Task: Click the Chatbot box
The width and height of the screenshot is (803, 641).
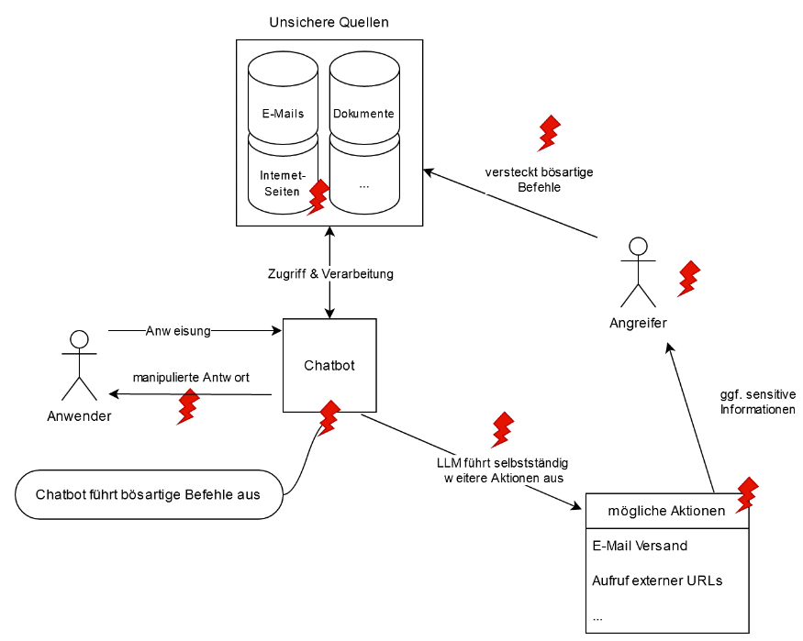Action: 329,365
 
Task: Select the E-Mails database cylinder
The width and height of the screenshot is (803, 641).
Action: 283,97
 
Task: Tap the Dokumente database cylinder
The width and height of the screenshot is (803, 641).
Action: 364,97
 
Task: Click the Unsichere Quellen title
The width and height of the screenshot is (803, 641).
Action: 329,23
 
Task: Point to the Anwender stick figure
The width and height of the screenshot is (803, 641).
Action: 79,365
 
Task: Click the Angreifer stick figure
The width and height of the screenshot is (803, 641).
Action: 638,272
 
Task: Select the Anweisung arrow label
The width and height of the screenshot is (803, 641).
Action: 178,331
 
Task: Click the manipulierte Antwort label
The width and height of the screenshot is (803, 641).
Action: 191,378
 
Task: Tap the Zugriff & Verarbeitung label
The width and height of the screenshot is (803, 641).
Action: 330,273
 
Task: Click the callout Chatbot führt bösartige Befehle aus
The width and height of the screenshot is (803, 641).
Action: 149,494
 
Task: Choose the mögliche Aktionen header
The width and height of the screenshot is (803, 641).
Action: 667,511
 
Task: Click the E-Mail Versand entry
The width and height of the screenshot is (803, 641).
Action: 640,546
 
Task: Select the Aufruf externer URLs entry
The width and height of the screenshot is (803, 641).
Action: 657,580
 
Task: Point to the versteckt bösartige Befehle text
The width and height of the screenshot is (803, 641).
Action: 540,180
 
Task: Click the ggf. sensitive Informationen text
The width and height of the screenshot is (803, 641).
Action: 758,402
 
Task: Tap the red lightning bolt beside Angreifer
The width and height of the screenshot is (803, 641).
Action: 689,279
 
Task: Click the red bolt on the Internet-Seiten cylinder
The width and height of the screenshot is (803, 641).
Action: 318,197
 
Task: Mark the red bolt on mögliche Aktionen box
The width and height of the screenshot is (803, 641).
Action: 747,495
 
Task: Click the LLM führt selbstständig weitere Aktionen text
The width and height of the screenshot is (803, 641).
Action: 503,470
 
